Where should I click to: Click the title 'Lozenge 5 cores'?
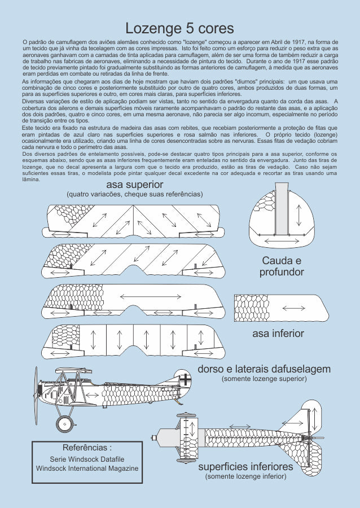(179, 28)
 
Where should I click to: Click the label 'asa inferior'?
(278, 334)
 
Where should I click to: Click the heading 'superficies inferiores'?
(245, 467)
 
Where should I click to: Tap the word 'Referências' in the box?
(86, 447)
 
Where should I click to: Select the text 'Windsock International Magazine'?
(87, 468)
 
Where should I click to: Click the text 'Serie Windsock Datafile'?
(87, 459)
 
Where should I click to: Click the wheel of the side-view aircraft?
(65, 422)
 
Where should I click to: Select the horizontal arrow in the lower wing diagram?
(293, 308)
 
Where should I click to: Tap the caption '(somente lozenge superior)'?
(264, 379)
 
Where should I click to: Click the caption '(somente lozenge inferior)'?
(245, 477)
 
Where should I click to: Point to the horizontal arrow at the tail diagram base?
(280, 242)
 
